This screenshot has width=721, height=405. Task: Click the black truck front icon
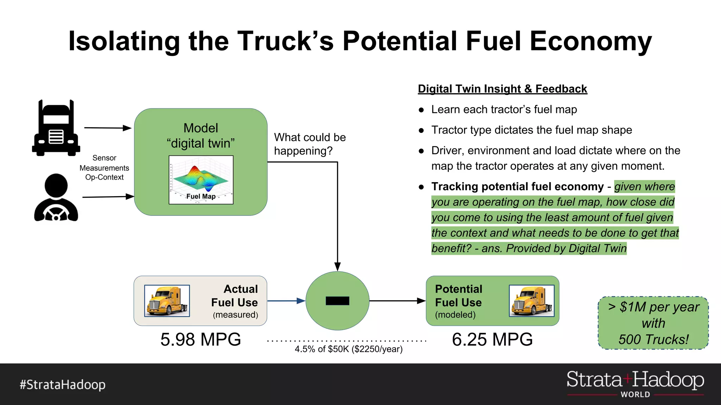tap(56, 128)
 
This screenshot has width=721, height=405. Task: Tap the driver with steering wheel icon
tap(56, 198)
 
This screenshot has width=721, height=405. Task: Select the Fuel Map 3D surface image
tap(201, 180)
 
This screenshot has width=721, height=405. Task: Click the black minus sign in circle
tap(337, 301)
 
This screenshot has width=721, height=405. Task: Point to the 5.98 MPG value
tap(201, 340)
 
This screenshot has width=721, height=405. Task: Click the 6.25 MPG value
tap(492, 340)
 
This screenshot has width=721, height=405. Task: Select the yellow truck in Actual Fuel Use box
tap(167, 301)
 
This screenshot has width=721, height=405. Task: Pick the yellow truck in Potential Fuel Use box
tap(532, 301)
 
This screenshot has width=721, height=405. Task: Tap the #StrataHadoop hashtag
tap(63, 385)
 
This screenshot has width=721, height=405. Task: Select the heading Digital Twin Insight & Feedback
tap(502, 89)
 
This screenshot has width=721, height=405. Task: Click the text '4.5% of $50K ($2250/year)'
tap(349, 349)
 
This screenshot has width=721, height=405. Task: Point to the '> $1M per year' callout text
tap(653, 307)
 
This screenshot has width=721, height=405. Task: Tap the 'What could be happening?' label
tap(310, 144)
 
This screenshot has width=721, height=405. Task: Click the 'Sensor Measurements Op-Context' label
tap(104, 168)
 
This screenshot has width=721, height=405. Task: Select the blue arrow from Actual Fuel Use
tap(286, 301)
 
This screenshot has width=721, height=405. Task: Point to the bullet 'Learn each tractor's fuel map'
tap(504, 110)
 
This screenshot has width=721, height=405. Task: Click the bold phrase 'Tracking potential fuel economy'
tap(518, 186)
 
